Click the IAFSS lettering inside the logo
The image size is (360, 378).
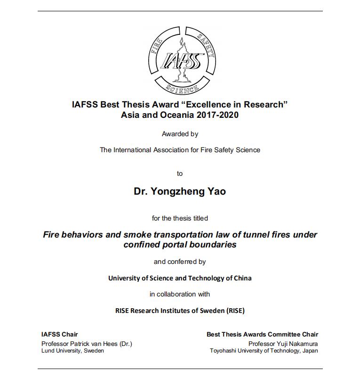(x=181, y=61)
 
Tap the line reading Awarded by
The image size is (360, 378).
(x=180, y=134)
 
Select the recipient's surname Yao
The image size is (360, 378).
(x=216, y=192)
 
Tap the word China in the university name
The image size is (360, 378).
(x=242, y=278)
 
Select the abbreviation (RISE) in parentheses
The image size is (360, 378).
(x=235, y=311)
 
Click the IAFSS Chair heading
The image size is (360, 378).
(x=60, y=334)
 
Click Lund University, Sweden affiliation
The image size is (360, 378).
(x=73, y=351)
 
